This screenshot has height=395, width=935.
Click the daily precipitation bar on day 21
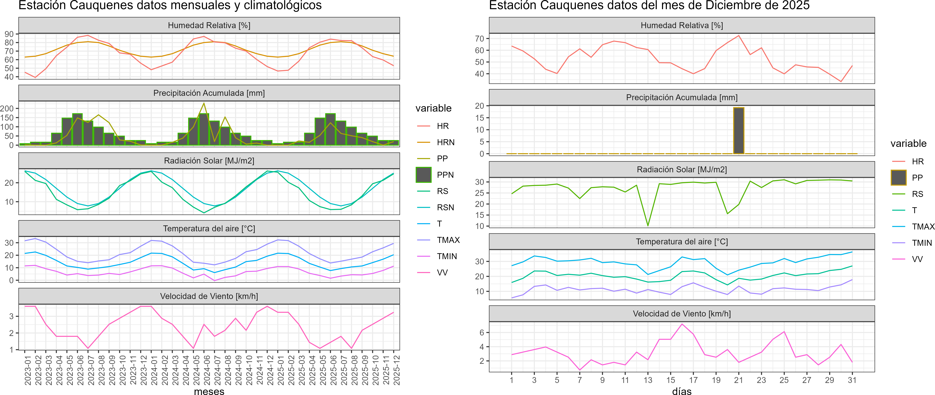(x=739, y=131)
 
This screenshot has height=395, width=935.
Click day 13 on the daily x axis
(x=648, y=380)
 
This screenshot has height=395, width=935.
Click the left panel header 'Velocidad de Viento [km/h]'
(x=209, y=296)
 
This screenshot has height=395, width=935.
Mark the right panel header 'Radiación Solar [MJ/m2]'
(x=682, y=169)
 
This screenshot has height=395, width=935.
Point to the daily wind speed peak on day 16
(x=682, y=324)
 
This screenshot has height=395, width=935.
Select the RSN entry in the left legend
(x=445, y=207)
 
